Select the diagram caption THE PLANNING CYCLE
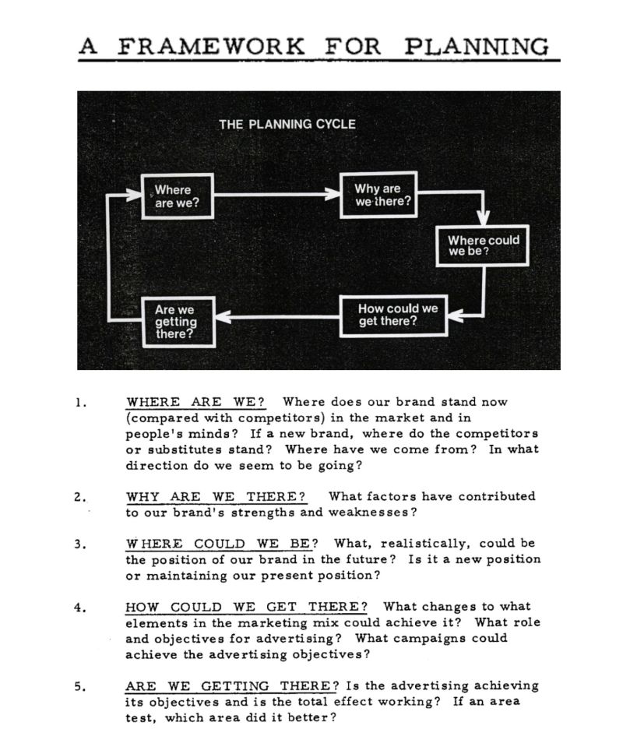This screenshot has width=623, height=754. tap(287, 124)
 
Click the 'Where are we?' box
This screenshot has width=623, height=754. tap(178, 196)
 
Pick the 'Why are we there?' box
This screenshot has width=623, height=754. tap(378, 195)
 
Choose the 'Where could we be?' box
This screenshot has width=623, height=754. tap(483, 246)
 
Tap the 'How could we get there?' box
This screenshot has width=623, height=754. tap(397, 315)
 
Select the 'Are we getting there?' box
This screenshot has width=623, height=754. tap(178, 322)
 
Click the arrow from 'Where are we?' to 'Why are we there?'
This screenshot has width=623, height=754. tap(277, 196)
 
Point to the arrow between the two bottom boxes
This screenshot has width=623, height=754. tap(277, 316)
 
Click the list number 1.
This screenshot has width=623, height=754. tap(80, 403)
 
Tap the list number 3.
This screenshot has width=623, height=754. tap(80, 544)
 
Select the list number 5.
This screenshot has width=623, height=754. tap(80, 686)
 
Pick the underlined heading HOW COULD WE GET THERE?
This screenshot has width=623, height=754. tap(247, 607)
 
